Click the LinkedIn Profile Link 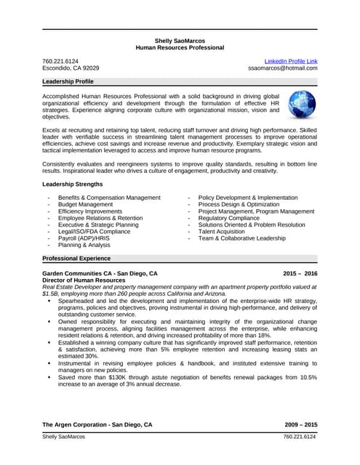click(290, 60)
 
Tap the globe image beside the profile click(302, 105)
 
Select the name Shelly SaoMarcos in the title click(180, 40)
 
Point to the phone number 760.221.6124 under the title click(60, 60)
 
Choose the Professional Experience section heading click(76, 258)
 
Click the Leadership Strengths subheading click(73, 185)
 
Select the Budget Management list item click(85, 204)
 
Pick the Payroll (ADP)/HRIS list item click(83, 238)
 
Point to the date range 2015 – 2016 click(300, 273)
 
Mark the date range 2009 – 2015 click(300, 424)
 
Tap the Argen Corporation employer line click(97, 424)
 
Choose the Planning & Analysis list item click(84, 245)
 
